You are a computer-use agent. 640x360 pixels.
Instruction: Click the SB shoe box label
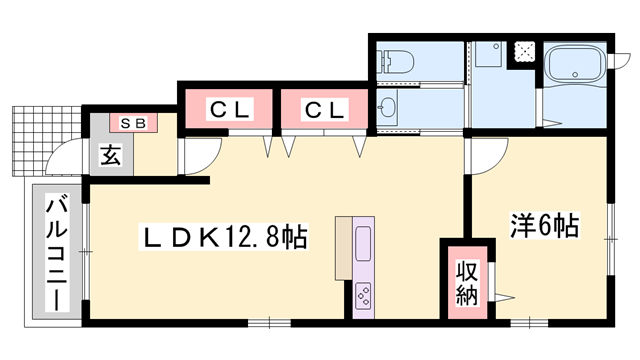(x=133, y=123)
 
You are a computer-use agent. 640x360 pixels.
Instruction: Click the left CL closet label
(x=229, y=109)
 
